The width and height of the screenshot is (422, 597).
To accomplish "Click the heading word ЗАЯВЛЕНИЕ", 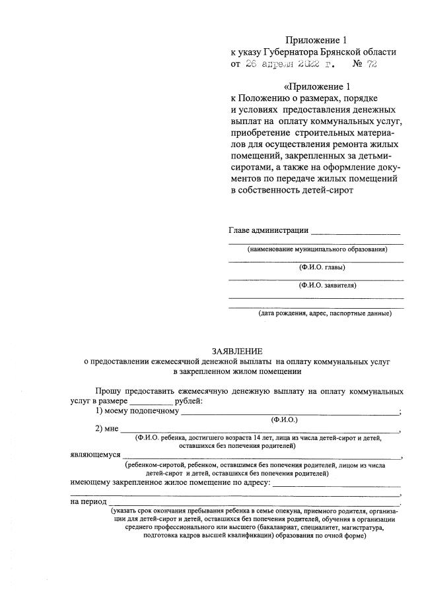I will tap(236, 351).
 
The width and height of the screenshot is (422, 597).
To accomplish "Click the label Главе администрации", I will tap(268, 230).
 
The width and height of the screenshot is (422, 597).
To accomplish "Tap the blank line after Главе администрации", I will tap(355, 232).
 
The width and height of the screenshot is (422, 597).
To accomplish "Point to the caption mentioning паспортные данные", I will tap(325, 313).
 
